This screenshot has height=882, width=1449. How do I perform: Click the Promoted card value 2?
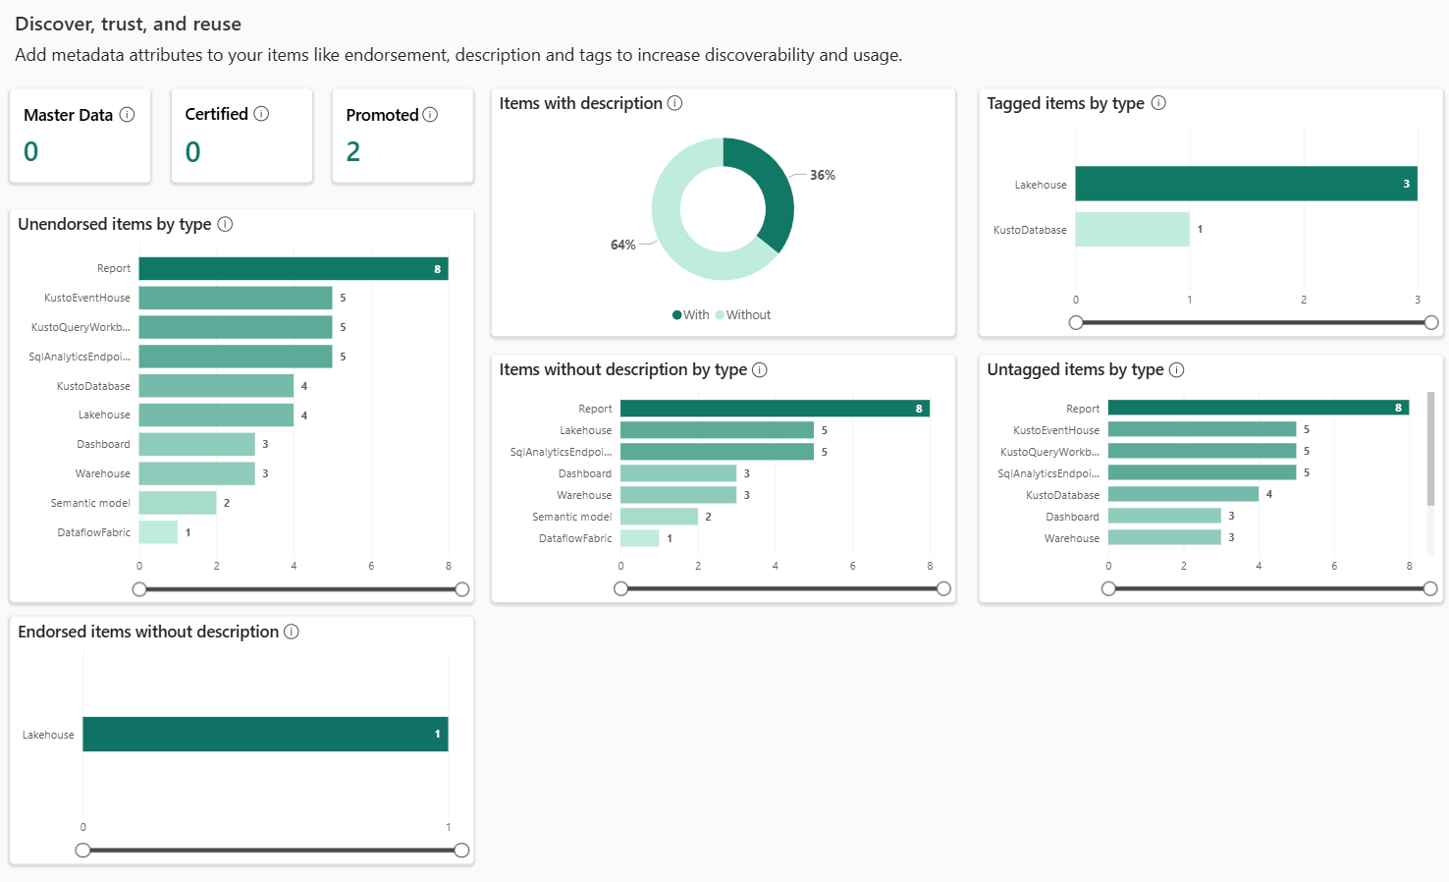coord(353,151)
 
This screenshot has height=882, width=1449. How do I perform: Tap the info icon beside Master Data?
coord(127,115)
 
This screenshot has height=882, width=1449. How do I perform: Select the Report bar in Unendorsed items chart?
coord(293,268)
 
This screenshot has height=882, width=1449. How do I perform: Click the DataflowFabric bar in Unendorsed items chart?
coord(158,532)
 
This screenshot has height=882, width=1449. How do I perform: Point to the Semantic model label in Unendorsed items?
coord(90,503)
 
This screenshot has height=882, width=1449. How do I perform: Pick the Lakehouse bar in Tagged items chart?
coord(1245,184)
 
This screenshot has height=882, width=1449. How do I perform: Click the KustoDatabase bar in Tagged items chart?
coord(1132,230)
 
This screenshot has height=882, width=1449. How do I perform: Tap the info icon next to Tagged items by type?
coord(1158,103)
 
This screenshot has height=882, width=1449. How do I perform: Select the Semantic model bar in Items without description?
coord(659,517)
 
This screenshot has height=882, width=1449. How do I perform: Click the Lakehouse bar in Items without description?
coord(717,430)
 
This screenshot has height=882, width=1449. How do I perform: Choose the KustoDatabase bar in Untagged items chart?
coord(1183,494)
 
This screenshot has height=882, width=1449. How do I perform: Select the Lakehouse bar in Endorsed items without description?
coord(265,735)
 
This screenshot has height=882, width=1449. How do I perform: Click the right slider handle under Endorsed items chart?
coord(461,851)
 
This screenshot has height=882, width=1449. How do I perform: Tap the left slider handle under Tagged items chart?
coord(1076,322)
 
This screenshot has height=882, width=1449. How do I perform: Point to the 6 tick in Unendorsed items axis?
coord(371,567)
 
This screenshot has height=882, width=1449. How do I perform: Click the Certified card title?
coord(216,114)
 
